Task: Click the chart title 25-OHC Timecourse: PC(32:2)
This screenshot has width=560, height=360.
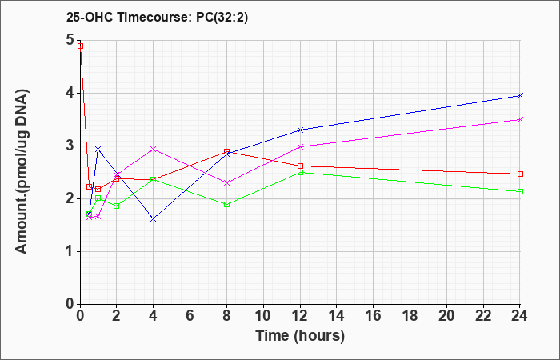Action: [157, 18]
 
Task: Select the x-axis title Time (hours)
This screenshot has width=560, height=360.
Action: [300, 336]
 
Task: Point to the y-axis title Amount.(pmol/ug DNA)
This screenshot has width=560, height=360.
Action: [22, 172]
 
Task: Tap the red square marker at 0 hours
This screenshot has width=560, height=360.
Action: [80, 46]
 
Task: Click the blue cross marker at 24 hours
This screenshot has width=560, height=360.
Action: [520, 95]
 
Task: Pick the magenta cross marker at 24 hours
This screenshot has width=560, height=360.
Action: [520, 120]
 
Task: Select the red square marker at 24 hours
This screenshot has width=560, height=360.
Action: [520, 174]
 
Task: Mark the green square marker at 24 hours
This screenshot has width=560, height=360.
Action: [520, 191]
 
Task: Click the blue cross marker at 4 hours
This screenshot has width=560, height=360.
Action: [154, 219]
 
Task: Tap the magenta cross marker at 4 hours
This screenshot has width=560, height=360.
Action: [154, 149]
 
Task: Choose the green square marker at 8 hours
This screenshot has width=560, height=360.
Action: [226, 204]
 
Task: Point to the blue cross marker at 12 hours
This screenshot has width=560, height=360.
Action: [300, 130]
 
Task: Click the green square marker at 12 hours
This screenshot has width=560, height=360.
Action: [300, 173]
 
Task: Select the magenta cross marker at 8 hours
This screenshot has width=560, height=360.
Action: [226, 183]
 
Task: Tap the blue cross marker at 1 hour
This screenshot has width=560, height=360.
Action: [98, 149]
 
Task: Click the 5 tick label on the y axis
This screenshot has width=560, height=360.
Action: [70, 40]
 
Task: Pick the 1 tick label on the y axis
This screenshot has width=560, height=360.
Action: [70, 251]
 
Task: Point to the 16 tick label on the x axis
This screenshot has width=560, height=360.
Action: [374, 316]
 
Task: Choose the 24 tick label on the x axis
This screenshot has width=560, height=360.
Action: [519, 316]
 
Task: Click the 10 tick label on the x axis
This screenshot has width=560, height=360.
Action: [263, 316]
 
